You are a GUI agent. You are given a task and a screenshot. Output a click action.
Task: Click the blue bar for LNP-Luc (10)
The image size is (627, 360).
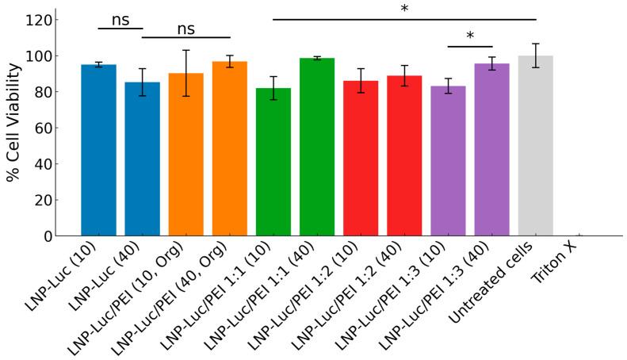[x=98, y=151]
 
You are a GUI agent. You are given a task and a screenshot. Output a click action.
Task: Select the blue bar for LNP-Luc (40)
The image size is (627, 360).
[x=142, y=159]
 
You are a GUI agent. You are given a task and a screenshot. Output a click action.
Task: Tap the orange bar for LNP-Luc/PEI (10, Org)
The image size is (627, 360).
[x=185, y=155]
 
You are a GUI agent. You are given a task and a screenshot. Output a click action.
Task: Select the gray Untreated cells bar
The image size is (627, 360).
[x=535, y=146]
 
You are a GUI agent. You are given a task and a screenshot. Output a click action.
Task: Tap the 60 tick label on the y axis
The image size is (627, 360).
[x=43, y=128]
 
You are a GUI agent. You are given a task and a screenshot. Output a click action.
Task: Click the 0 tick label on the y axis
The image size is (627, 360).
[x=48, y=236]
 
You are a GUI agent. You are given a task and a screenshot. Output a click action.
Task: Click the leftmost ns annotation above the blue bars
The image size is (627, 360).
[x=120, y=20]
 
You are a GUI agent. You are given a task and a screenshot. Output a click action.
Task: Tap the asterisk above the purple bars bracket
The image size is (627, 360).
[x=470, y=36]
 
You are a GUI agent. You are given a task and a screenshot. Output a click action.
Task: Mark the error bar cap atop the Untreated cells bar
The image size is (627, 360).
[x=535, y=44]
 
